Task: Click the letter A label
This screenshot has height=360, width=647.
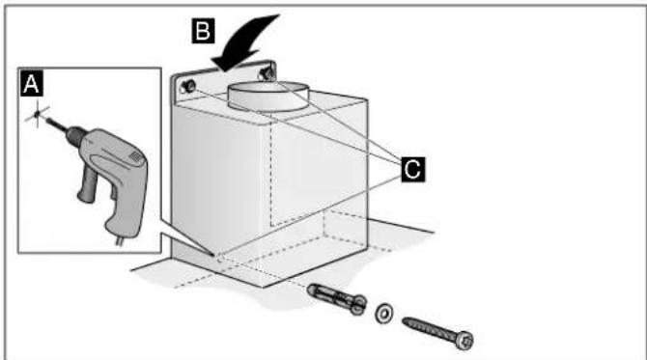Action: pos(31,84)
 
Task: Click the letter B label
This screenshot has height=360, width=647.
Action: pos(203,31)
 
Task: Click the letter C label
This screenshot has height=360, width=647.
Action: pos(412,169)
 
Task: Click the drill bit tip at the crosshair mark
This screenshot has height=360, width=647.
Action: pos(38,113)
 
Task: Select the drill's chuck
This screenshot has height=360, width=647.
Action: pos(75,134)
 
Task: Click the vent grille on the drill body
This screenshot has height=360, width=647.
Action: pos(135,157)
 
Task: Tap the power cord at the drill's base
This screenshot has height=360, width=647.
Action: pos(121,241)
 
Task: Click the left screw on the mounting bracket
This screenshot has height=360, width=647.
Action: pos(189,86)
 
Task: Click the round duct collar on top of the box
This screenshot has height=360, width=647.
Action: pos(268,97)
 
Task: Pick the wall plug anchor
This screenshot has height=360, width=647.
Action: pos(337,298)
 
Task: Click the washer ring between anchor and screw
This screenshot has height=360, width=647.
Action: pos(383,313)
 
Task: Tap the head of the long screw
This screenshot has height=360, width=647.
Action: pos(464,341)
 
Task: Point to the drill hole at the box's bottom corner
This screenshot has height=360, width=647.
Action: pos(219,258)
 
